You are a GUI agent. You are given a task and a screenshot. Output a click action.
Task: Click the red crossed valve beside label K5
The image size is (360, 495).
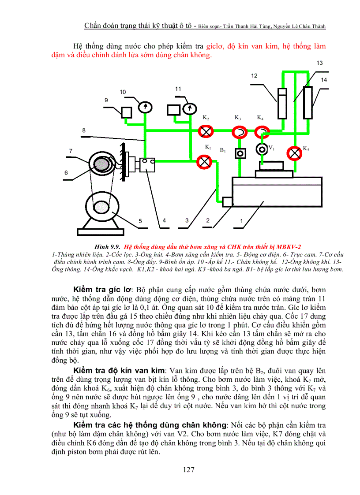point(294,153)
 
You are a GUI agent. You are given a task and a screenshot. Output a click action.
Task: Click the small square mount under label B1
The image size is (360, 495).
point(240,153)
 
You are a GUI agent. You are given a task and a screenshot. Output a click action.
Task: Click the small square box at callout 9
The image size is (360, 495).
point(127,112)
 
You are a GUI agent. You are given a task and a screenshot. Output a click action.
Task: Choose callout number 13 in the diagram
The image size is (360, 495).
point(319,63)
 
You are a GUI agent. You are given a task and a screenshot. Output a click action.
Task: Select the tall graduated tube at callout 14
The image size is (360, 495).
point(307,103)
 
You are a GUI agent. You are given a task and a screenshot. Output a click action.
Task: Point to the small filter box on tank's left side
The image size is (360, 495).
point(228,202)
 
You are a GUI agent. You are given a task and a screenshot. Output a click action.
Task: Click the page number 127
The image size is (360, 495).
point(189,469)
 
